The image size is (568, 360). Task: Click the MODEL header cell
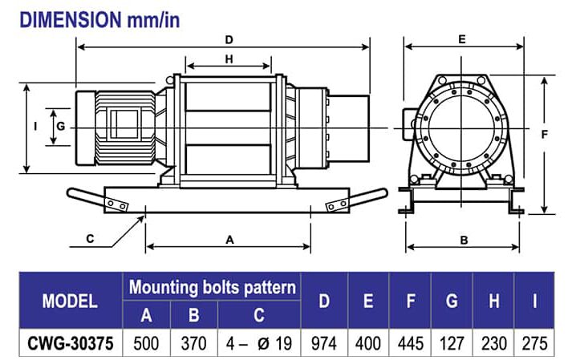pyautogui.click(x=70, y=301)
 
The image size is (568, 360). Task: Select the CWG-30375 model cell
pyautogui.click(x=70, y=342)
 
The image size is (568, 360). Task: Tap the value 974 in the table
pyautogui.click(x=325, y=342)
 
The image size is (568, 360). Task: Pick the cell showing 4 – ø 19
pyautogui.click(x=258, y=342)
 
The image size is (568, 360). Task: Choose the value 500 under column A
pyautogui.click(x=145, y=342)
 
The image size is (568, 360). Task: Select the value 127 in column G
pyautogui.click(x=452, y=342)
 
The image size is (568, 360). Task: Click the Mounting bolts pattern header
pyautogui.click(x=213, y=287)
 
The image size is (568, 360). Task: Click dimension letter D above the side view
pyautogui.click(x=229, y=38)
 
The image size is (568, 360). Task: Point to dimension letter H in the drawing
pyautogui.click(x=229, y=59)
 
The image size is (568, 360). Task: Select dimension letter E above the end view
pyautogui.click(x=462, y=38)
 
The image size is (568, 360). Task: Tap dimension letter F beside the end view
pyautogui.click(x=545, y=135)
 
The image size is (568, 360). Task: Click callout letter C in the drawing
pyautogui.click(x=90, y=239)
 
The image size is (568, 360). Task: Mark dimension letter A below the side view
pyautogui.click(x=230, y=239)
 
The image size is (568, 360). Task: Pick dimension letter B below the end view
pyautogui.click(x=464, y=239)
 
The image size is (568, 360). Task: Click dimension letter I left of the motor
pyautogui.click(x=37, y=127)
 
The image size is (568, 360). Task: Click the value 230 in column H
pyautogui.click(x=493, y=342)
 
